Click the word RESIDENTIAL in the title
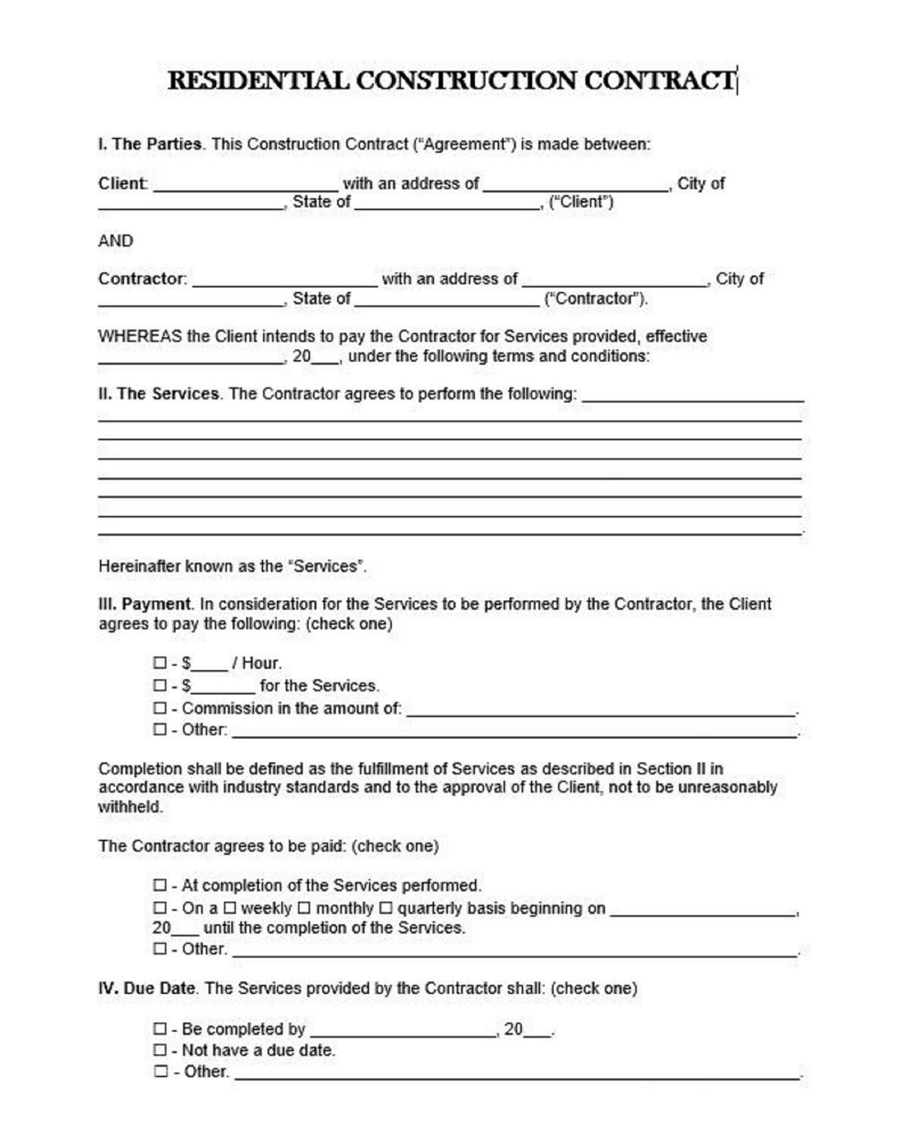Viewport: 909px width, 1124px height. click(x=258, y=81)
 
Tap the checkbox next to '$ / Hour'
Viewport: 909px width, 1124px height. click(x=160, y=663)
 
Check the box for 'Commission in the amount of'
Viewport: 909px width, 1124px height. click(x=160, y=708)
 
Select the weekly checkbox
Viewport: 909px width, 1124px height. click(x=230, y=908)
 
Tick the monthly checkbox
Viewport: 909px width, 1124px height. click(x=305, y=908)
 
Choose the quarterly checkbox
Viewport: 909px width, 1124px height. click(x=386, y=908)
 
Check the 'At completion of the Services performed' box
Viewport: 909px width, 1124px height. click(x=160, y=885)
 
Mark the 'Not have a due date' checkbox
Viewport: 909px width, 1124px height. click(x=160, y=1050)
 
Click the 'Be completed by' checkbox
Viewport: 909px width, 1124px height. click(x=160, y=1029)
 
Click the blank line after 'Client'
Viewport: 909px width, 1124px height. click(x=246, y=187)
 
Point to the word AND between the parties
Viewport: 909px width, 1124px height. click(x=116, y=241)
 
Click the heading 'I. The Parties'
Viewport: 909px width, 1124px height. click(x=150, y=144)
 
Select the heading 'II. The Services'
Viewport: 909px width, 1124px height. click(x=159, y=394)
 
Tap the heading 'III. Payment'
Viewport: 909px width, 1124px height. click(x=145, y=604)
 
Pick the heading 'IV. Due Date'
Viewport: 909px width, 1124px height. click(x=147, y=988)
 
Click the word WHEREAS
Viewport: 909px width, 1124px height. click(x=140, y=337)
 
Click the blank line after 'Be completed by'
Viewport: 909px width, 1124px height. click(x=403, y=1031)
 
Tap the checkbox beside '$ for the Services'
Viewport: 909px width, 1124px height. click(x=160, y=685)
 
